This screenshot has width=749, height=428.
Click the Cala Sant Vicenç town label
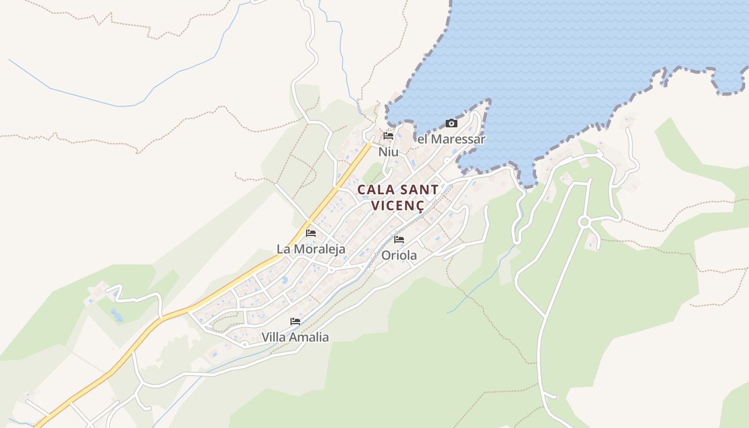tap(398, 197)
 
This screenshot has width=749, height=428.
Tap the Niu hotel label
tap(388, 152)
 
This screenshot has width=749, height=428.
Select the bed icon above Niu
tap(388, 136)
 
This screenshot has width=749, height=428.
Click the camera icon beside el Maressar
tap(452, 124)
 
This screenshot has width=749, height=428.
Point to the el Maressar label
tap(451, 139)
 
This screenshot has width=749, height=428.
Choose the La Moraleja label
tap(311, 249)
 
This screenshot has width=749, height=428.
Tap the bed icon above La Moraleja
tap(311, 233)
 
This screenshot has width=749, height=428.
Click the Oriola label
tap(399, 255)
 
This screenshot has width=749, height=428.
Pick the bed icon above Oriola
tap(399, 240)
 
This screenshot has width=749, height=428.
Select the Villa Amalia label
tap(295, 337)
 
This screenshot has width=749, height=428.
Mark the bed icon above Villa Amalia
tap(295, 322)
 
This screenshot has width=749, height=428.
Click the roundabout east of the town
tap(584, 221)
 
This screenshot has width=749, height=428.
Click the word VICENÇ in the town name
tap(398, 205)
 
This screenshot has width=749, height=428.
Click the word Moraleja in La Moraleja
tap(319, 249)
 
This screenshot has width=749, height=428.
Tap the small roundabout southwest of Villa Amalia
tap(244, 344)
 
